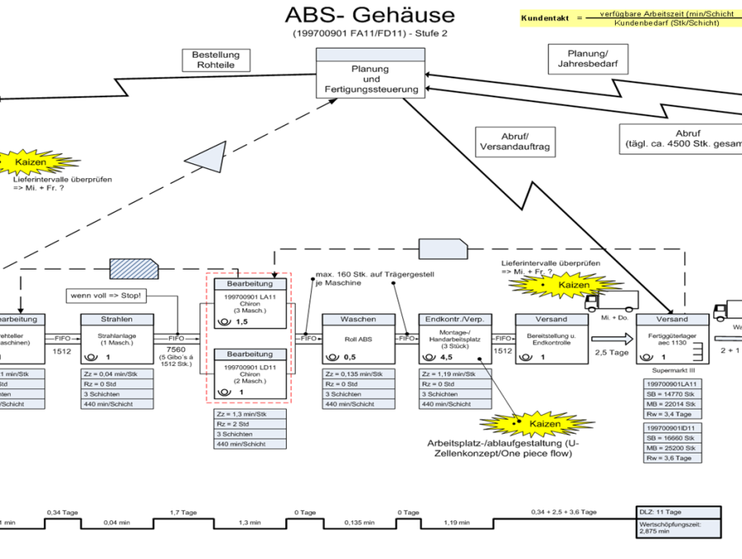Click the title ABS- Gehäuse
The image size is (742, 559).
[369, 15]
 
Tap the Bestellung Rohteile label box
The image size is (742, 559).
[215, 60]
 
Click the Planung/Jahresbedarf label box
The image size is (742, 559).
[585, 58]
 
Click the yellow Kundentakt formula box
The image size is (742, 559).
[630, 17]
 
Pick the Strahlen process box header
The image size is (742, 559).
[117, 319]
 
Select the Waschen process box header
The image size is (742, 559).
[359, 319]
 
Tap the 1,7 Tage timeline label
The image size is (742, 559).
[182, 512]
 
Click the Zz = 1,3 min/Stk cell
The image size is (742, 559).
[250, 413]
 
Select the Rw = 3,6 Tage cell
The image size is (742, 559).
[674, 458]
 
